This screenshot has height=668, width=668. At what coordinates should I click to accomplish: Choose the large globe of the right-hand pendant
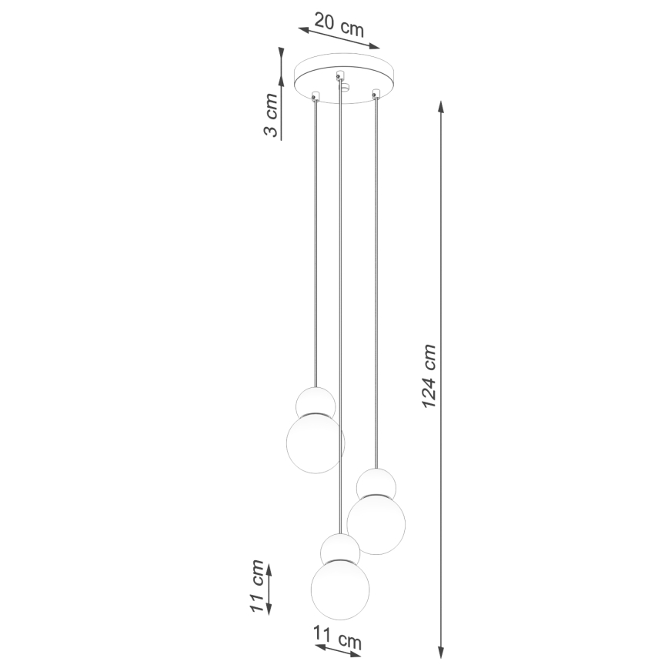click(x=376, y=524)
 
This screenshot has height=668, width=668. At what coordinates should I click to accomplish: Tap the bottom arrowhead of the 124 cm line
click(x=441, y=646)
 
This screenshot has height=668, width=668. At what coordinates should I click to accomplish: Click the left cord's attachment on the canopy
click(x=315, y=96)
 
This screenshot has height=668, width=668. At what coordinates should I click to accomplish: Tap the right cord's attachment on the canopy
click(x=376, y=95)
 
